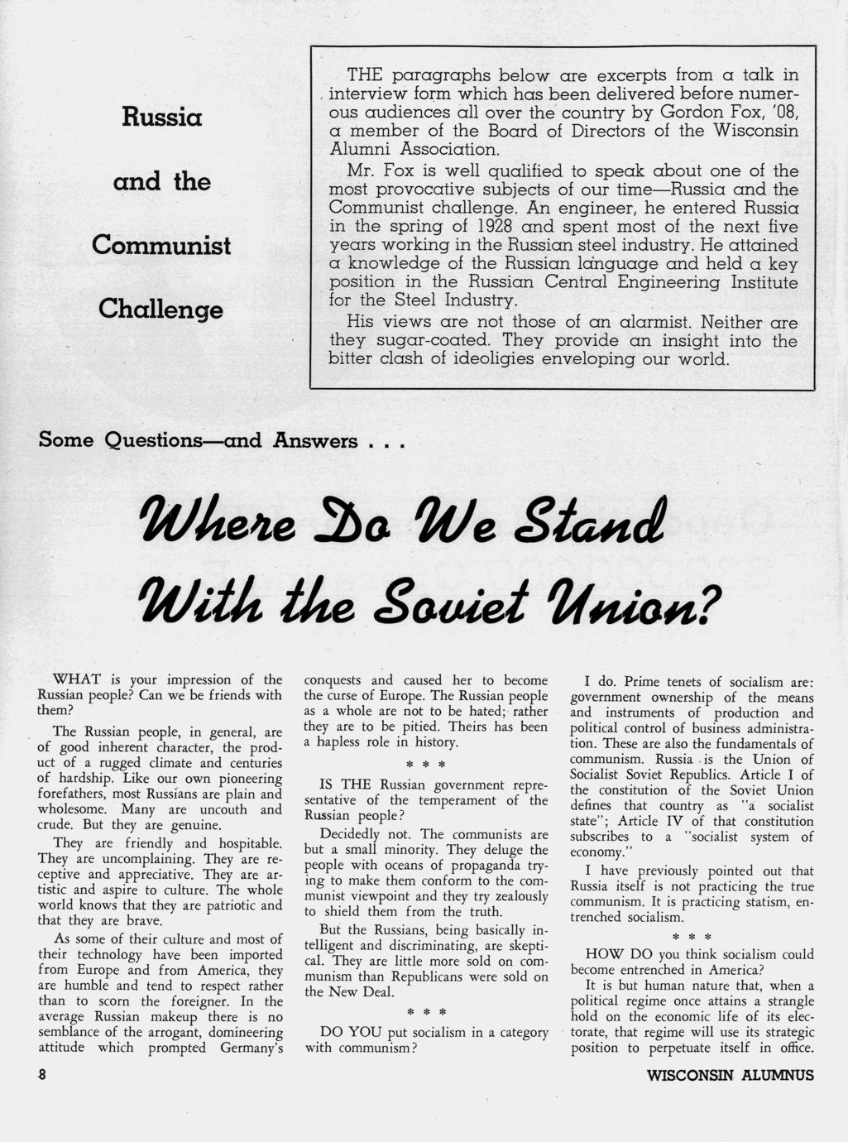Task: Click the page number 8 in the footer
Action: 41,1075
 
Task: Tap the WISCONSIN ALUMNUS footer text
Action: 730,1076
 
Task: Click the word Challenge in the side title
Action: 160,309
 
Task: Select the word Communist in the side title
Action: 160,245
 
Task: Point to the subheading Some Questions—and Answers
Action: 220,439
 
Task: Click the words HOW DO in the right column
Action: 611,954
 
